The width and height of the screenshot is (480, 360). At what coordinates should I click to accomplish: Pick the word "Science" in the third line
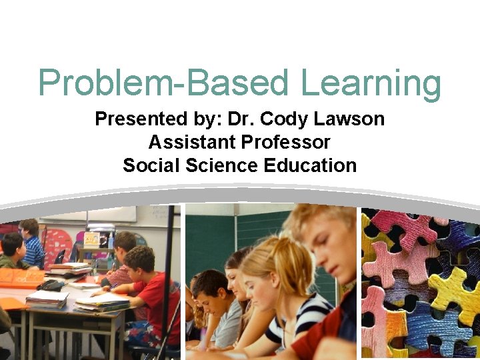(221, 165)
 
